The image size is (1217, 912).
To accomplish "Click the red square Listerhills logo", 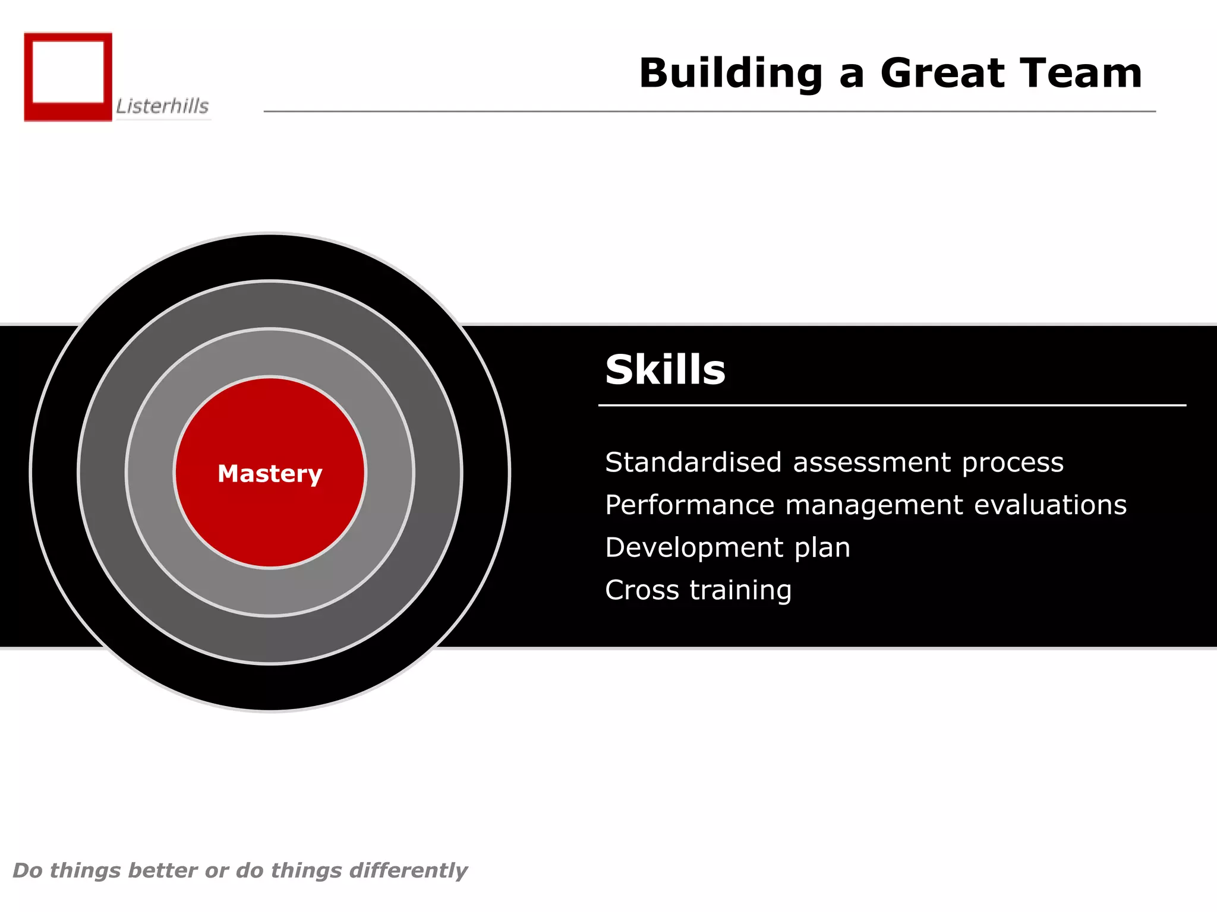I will pyautogui.click(x=68, y=77).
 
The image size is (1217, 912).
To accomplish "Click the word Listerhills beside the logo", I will pyautogui.click(x=162, y=106).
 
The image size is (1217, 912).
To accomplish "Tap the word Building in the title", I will pyautogui.click(x=730, y=74).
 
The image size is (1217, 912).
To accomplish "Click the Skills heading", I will pyautogui.click(x=665, y=370).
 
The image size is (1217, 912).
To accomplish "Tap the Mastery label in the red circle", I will pyautogui.click(x=270, y=474).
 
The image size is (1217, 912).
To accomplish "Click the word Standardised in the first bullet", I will pyautogui.click(x=693, y=463).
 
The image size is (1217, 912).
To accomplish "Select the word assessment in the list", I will pyautogui.click(x=871, y=463).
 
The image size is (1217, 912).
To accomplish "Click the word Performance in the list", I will pyautogui.click(x=689, y=505).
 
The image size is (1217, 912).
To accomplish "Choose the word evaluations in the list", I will pyautogui.click(x=1050, y=505).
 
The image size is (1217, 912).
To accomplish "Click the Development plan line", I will pyautogui.click(x=727, y=548).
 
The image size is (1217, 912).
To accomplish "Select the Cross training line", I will pyautogui.click(x=698, y=591).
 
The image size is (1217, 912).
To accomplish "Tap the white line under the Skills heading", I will pyautogui.click(x=891, y=406).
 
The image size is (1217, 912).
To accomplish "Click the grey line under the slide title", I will pyautogui.click(x=710, y=111).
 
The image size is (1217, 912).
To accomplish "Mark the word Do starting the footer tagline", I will pyautogui.click(x=27, y=870).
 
